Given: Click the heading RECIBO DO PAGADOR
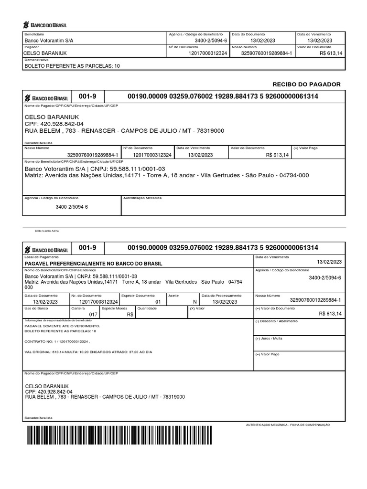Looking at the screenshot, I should pos(306,84).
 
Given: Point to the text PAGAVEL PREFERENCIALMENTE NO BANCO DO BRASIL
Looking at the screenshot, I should pos(93,264).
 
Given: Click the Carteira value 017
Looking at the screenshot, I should pos(93,315).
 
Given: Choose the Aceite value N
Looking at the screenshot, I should pos(194,302).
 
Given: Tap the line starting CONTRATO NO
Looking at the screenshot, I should pos(57,342).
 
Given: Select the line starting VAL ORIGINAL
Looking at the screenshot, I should pos(88,352).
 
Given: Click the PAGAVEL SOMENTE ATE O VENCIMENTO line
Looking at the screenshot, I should pos(62,326).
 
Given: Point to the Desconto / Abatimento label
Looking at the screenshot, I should pos(277,321).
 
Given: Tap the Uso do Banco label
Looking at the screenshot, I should pos(34,308).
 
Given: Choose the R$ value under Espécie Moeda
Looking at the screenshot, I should pos(130,315).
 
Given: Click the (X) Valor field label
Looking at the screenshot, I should pos(197,308).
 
